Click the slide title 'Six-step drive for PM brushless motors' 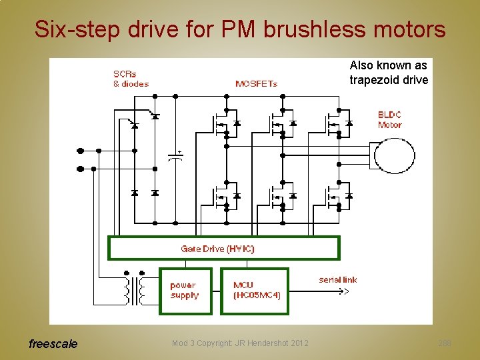240,29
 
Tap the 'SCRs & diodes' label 131,79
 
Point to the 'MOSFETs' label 256,83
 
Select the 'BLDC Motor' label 389,119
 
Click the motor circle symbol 394,157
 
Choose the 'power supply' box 185,291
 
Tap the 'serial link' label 338,279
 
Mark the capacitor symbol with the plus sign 175,157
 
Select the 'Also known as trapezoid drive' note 389,73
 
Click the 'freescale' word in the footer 53,344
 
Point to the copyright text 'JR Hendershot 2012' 240,343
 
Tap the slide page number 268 445,343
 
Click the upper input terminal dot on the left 81,151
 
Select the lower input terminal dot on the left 81,169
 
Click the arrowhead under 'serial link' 345,291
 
